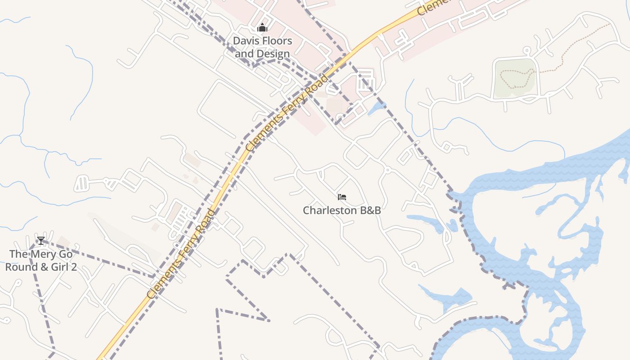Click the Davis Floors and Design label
262,47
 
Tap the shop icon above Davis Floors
262,28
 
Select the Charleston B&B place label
342,210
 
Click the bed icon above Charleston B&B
342,197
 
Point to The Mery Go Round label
40,260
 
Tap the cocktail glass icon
41,241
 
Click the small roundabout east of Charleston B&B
387,170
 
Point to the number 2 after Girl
73,267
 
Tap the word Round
19,267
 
